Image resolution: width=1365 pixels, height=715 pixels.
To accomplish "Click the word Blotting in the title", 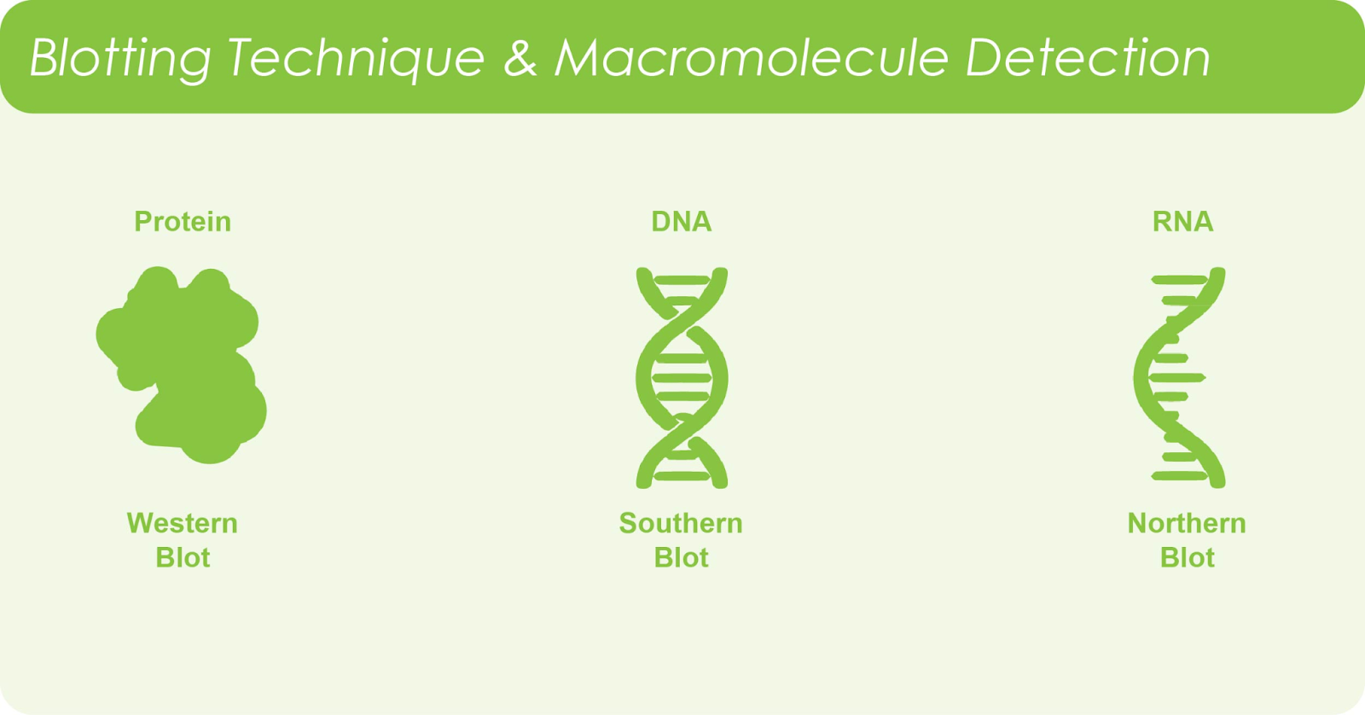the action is (x=120, y=58).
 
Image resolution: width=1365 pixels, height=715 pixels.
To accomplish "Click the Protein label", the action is (x=183, y=221).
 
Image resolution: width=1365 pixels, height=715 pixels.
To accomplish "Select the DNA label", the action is (x=682, y=221).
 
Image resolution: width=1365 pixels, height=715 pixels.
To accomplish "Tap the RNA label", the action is (x=1182, y=221).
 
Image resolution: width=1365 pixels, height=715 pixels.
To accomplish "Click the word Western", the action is (x=183, y=523).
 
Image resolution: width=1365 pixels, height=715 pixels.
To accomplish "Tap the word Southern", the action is (x=681, y=523).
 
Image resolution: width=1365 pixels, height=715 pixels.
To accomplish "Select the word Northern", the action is (x=1187, y=523).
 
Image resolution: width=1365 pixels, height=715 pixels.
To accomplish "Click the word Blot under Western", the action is (x=183, y=557).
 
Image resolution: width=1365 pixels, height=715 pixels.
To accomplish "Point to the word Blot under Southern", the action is (x=682, y=557).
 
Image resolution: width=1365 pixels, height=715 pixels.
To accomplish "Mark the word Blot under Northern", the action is (x=1187, y=557).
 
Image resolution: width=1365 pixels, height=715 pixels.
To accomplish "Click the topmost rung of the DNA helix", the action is (x=682, y=281).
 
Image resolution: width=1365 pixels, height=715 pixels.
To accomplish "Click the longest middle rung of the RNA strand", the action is (x=1176, y=378).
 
